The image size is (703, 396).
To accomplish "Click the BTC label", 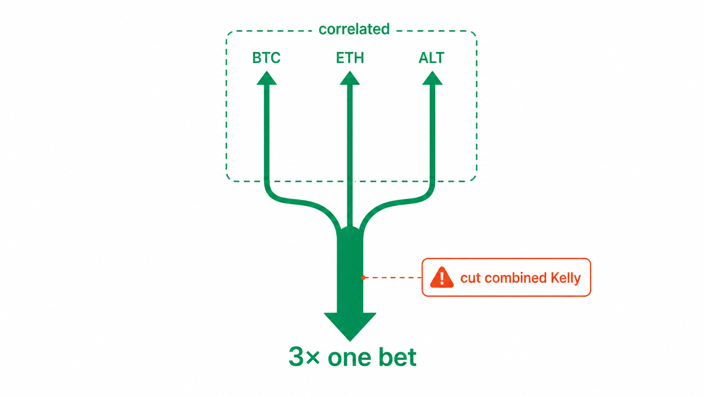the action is click(x=266, y=58).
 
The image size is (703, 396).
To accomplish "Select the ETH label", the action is click(x=350, y=58).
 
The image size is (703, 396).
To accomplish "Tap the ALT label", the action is click(x=431, y=58).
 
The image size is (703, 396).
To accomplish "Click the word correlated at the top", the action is click(x=354, y=29).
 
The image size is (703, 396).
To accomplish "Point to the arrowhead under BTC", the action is click(x=267, y=78).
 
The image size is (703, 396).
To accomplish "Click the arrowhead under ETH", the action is click(x=350, y=78).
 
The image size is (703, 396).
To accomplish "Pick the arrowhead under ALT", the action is click(x=433, y=78).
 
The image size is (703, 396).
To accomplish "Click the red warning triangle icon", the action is click(x=442, y=278).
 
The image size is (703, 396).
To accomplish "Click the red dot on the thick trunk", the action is click(x=363, y=278).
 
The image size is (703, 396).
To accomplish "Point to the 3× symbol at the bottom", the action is click(x=304, y=357).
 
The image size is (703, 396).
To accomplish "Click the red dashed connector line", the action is click(x=393, y=278).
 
